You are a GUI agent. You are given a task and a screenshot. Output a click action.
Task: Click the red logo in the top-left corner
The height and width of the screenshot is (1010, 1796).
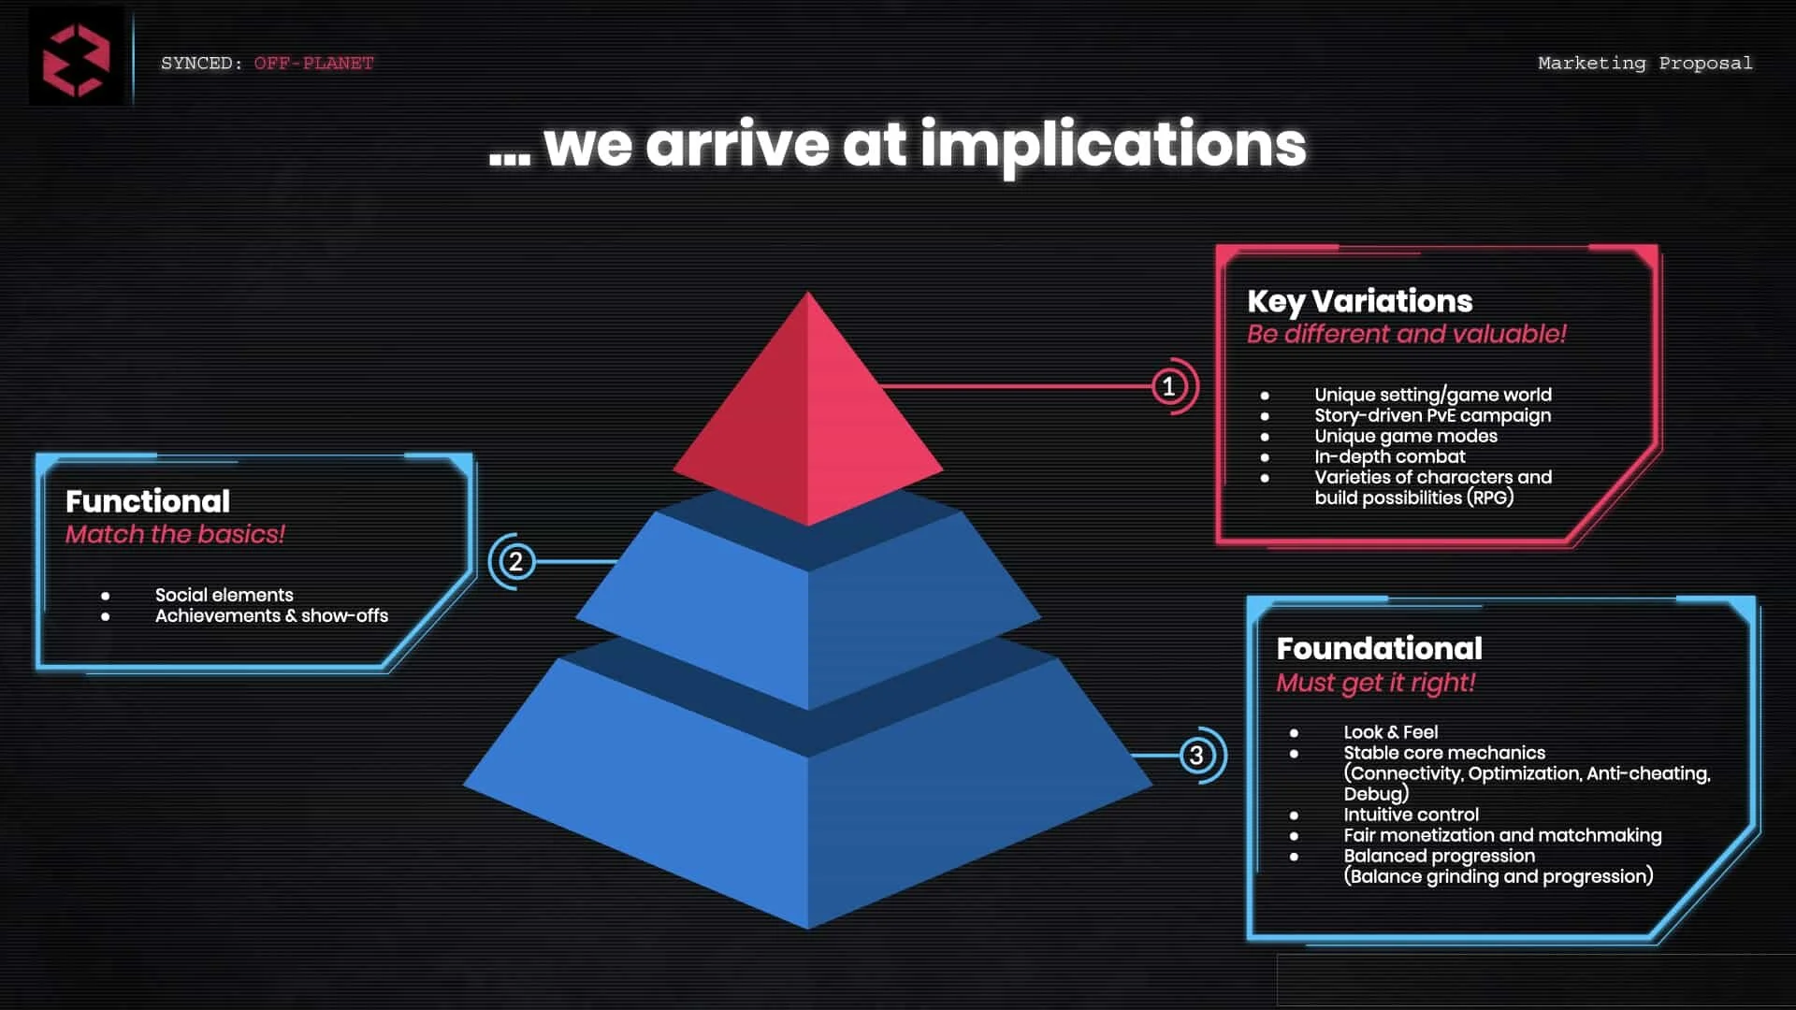pyautogui.click(x=76, y=60)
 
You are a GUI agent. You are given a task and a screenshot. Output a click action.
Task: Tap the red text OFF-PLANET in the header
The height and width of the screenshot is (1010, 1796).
pyautogui.click(x=313, y=64)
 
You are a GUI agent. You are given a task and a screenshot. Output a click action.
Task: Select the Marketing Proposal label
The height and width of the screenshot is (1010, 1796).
pyautogui.click(x=1644, y=64)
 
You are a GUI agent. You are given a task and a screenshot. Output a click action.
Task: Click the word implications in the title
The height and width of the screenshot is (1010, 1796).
pyautogui.click(x=1112, y=145)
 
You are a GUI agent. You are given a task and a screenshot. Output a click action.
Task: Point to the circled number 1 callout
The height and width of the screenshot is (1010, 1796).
pyautogui.click(x=1168, y=386)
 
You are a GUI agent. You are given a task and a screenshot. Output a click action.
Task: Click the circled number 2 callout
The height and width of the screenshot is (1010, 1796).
pyautogui.click(x=515, y=562)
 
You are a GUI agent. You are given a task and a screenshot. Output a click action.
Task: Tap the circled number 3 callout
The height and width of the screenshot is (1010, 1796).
pyautogui.click(x=1196, y=756)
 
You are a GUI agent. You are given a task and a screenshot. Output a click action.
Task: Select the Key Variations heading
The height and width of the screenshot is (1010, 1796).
pyautogui.click(x=1359, y=301)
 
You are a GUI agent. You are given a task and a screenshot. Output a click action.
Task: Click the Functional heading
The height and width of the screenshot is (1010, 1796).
pyautogui.click(x=148, y=501)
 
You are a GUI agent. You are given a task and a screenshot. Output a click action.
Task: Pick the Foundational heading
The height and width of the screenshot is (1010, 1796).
pyautogui.click(x=1379, y=649)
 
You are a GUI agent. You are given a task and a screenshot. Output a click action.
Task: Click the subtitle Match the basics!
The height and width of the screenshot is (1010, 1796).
pyautogui.click(x=175, y=534)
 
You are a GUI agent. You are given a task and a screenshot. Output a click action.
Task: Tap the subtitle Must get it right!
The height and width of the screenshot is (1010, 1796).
pyautogui.click(x=1375, y=683)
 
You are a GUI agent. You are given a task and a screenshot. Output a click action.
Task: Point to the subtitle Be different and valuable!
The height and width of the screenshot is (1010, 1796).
pyautogui.click(x=1406, y=334)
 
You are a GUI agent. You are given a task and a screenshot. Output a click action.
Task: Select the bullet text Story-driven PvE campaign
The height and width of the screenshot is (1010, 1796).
pyautogui.click(x=1432, y=415)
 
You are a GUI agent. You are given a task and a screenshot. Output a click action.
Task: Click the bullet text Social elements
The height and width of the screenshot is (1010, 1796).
pyautogui.click(x=224, y=595)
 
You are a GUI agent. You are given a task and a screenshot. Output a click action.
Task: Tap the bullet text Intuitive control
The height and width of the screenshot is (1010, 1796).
pyautogui.click(x=1411, y=815)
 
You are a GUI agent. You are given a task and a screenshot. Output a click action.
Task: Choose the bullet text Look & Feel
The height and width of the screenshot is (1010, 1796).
pyautogui.click(x=1390, y=732)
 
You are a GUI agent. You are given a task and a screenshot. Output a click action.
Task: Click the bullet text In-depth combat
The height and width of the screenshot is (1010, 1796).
pyautogui.click(x=1389, y=456)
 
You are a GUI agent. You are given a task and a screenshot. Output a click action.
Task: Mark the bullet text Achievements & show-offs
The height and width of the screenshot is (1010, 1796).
pyautogui.click(x=271, y=615)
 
